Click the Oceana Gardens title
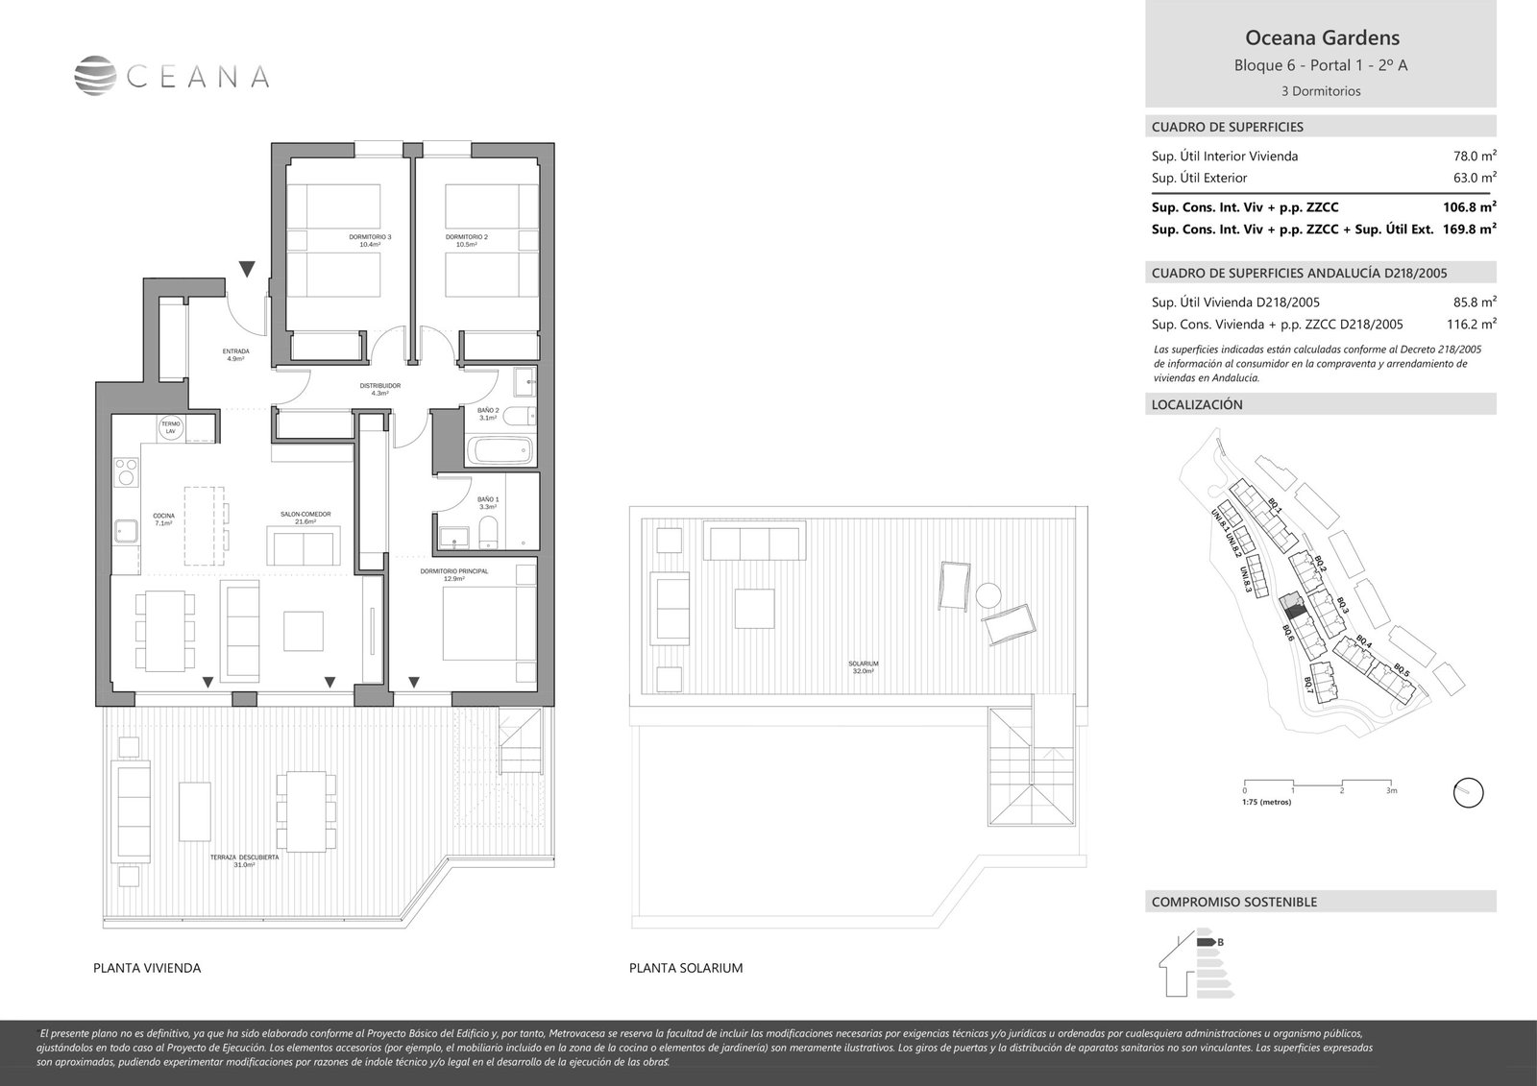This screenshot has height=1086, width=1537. (x=1322, y=38)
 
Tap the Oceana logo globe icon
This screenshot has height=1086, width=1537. (x=95, y=75)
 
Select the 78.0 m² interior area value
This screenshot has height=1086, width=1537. (x=1475, y=156)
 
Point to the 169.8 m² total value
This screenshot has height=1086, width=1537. (x=1469, y=229)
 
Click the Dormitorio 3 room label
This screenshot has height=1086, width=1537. (x=370, y=240)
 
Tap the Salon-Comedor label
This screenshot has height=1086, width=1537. (x=305, y=518)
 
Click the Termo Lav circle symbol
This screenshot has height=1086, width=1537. (x=170, y=428)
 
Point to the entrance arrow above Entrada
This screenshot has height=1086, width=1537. (x=247, y=269)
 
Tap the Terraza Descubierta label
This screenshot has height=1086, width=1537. (x=245, y=860)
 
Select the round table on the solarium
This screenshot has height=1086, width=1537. (x=987, y=595)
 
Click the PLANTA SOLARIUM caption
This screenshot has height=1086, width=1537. (x=686, y=968)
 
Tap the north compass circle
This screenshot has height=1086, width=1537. (x=1468, y=793)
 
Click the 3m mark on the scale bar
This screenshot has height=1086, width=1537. (x=1391, y=791)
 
